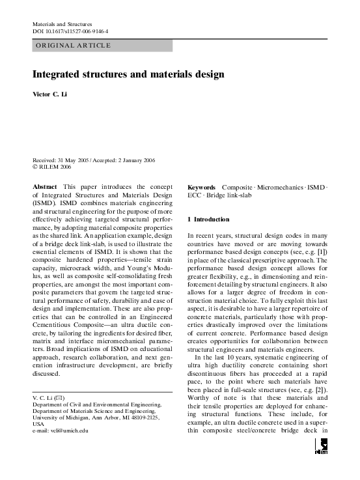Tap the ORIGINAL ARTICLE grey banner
(x=102, y=46)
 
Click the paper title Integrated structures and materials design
(x=128, y=75)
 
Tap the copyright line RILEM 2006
(x=55, y=167)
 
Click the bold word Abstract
(x=45, y=187)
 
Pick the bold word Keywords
(x=202, y=187)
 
